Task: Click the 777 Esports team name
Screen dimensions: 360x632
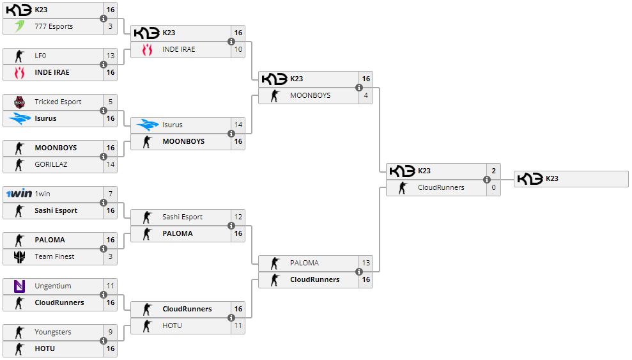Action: click(54, 26)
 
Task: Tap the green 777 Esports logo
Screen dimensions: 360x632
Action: click(19, 26)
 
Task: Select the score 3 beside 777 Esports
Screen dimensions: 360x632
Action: click(111, 26)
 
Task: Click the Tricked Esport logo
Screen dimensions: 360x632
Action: click(19, 102)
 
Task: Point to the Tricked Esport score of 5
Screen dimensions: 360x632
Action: click(111, 102)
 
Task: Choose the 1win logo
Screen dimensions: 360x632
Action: click(19, 194)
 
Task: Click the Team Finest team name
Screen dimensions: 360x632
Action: click(54, 256)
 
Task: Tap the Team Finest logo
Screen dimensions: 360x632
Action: click(19, 256)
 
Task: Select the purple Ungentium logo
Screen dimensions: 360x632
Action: click(19, 286)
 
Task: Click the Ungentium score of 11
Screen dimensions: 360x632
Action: click(111, 286)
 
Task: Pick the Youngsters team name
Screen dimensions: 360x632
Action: click(53, 332)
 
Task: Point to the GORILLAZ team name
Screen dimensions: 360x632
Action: click(51, 164)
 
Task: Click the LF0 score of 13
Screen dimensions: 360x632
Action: click(111, 56)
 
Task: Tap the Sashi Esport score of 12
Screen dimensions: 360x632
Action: click(238, 217)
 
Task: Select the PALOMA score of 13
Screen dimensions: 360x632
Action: click(366, 263)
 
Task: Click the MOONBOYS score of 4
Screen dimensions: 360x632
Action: click(366, 95)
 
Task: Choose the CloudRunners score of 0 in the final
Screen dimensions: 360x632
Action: click(493, 187)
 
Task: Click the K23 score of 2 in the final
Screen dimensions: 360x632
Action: click(493, 171)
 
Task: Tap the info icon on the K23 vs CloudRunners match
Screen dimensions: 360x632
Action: click(487, 179)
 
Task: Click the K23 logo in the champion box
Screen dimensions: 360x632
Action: click(530, 179)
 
